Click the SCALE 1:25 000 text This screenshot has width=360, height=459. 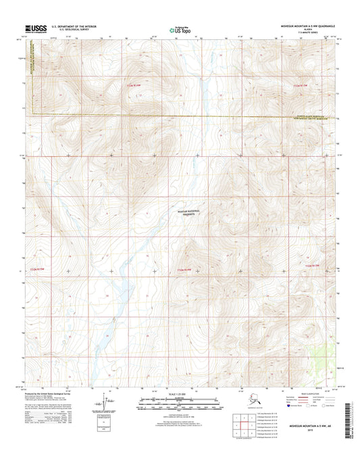[179, 393]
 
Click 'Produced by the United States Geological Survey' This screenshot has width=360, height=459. [57, 391]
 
